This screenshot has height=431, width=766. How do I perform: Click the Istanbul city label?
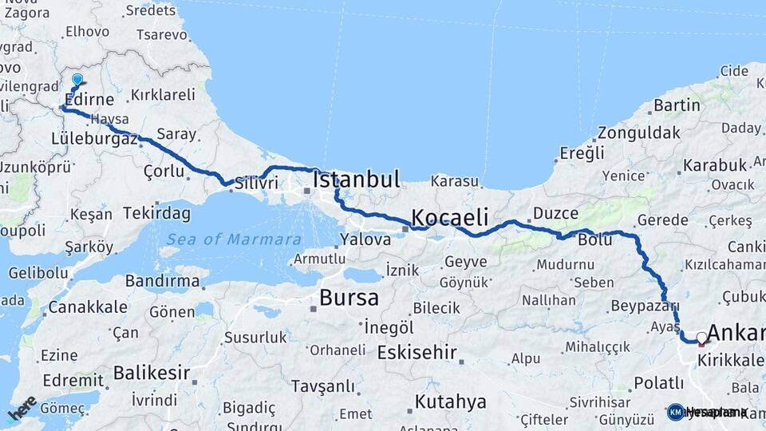[x=357, y=180]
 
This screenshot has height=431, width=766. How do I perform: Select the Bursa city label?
[x=349, y=299]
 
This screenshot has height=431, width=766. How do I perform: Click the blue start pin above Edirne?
[x=77, y=81]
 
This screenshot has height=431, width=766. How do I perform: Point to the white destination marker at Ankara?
[x=701, y=338]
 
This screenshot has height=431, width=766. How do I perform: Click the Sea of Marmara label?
[x=234, y=239]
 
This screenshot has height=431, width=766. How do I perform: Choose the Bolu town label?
[x=595, y=239]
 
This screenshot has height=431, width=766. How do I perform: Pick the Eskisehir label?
[x=417, y=352]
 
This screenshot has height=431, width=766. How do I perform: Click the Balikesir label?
[x=152, y=373]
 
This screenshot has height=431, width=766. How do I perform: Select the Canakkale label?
[x=88, y=307]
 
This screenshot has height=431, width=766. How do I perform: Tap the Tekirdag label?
[x=157, y=213]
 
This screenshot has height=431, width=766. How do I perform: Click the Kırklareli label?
[x=163, y=94]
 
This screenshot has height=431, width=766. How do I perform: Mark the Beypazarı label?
[x=645, y=306]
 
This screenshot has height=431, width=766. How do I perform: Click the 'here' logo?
[x=22, y=409]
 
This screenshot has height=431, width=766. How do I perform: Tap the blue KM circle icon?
[x=675, y=413]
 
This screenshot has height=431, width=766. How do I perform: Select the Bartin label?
[x=677, y=105]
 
